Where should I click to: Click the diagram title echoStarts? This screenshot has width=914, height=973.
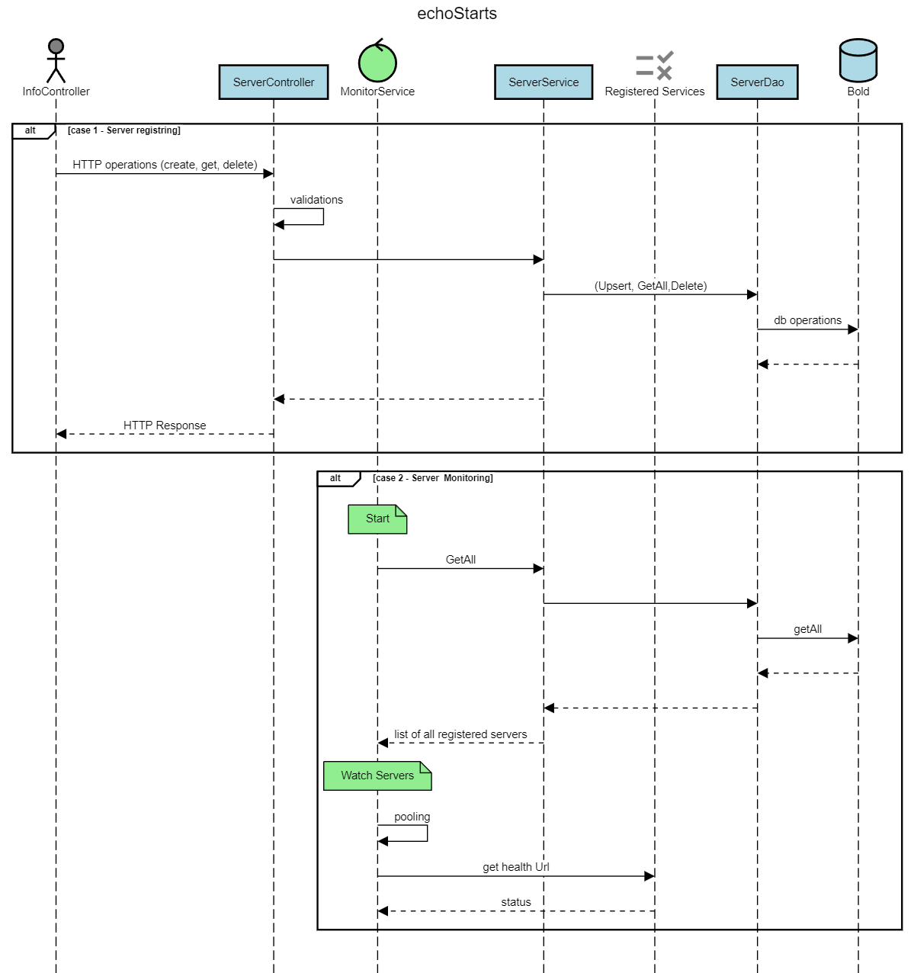tap(457, 14)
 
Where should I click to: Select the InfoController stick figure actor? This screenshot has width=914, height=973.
tap(56, 60)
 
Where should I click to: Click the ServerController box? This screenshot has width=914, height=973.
tap(274, 82)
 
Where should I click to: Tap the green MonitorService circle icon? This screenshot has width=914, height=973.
tap(377, 63)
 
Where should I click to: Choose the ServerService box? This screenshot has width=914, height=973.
tap(544, 82)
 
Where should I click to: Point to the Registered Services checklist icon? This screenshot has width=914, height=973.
tap(654, 66)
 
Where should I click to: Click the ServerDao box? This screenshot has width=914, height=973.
tap(757, 82)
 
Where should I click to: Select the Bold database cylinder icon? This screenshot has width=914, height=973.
tap(858, 60)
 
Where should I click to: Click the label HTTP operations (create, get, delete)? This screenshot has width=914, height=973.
tap(165, 165)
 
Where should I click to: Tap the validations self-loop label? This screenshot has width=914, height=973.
tap(316, 200)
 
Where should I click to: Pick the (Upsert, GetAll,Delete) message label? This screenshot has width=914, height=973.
tap(650, 286)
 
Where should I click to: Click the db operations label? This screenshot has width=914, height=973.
tap(807, 320)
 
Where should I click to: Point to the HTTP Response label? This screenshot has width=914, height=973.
tap(165, 425)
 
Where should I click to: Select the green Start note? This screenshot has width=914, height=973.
tap(377, 519)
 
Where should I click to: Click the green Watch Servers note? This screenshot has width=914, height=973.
tap(377, 776)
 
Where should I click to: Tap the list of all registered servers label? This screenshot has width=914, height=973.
tap(460, 734)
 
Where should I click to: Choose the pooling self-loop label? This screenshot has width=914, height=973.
tap(412, 817)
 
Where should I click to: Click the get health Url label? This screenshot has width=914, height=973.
tap(515, 867)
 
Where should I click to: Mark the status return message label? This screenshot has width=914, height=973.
tap(515, 902)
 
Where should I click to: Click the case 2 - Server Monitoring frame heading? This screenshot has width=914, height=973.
tap(432, 478)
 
